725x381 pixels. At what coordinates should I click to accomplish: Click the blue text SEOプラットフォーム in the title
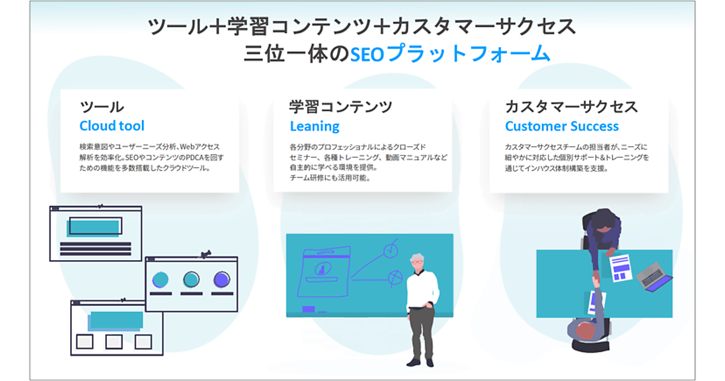tap(450, 53)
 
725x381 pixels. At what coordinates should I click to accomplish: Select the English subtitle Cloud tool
tap(112, 126)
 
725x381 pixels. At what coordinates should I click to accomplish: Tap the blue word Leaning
tap(315, 126)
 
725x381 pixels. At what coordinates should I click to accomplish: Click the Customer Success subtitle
tap(562, 126)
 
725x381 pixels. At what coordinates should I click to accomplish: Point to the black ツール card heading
tap(102, 107)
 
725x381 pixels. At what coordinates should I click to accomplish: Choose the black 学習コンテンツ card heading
tap(341, 107)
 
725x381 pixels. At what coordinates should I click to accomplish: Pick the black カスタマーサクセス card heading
tap(572, 107)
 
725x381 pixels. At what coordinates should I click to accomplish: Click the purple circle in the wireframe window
tap(222, 279)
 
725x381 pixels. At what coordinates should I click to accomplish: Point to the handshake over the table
tap(596, 278)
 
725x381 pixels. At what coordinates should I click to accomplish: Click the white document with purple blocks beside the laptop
tap(620, 268)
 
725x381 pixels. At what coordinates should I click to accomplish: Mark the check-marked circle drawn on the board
tap(391, 250)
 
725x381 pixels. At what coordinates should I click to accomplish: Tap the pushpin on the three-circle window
tap(205, 255)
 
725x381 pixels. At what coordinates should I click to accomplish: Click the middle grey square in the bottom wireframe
tap(114, 342)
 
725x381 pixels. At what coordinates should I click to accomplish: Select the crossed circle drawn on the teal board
tap(395, 278)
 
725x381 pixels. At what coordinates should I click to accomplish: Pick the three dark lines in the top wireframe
tap(95, 249)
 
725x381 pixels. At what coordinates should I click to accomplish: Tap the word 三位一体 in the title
tap(286, 53)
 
